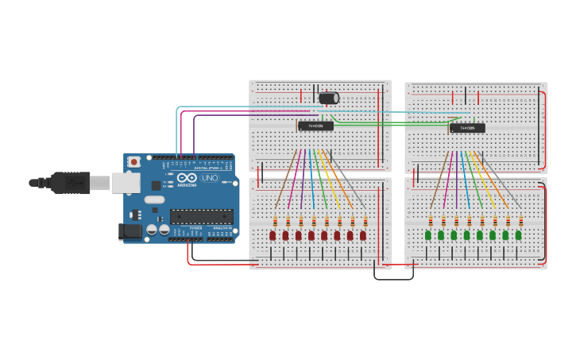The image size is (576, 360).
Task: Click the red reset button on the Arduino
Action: (134, 161)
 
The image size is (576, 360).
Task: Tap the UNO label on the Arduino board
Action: (209, 179)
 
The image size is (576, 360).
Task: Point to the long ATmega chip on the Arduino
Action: (201, 215)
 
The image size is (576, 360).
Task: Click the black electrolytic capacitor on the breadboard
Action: (328, 98)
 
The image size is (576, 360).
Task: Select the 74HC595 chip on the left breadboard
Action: (315, 126)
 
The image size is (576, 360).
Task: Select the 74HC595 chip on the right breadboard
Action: (467, 127)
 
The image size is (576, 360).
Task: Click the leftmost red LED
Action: (273, 235)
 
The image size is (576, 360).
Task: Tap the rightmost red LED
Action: (363, 235)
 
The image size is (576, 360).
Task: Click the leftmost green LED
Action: (428, 235)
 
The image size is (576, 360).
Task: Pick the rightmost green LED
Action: (518, 235)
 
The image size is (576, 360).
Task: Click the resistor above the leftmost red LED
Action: (275, 221)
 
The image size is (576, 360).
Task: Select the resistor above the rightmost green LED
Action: (520, 221)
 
